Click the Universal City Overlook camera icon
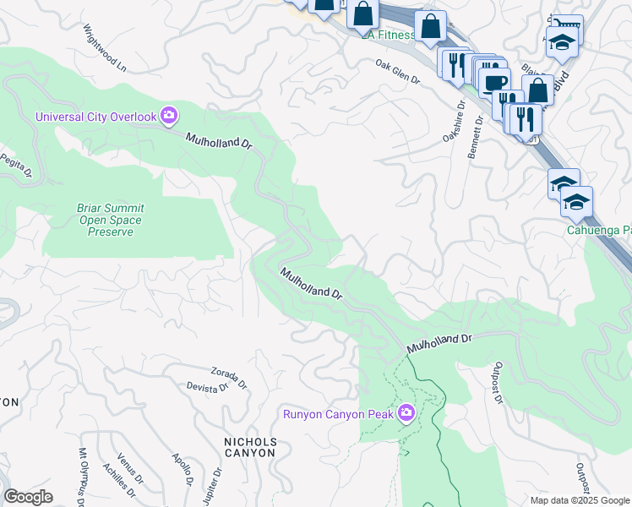(x=169, y=115)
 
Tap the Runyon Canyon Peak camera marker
(x=406, y=412)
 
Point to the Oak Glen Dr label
(x=398, y=71)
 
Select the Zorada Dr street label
(x=229, y=377)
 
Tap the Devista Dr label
(x=207, y=386)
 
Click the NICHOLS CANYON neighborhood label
(x=249, y=447)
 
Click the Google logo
(x=28, y=497)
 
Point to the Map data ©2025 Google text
(x=579, y=500)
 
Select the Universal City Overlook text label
(x=95, y=116)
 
